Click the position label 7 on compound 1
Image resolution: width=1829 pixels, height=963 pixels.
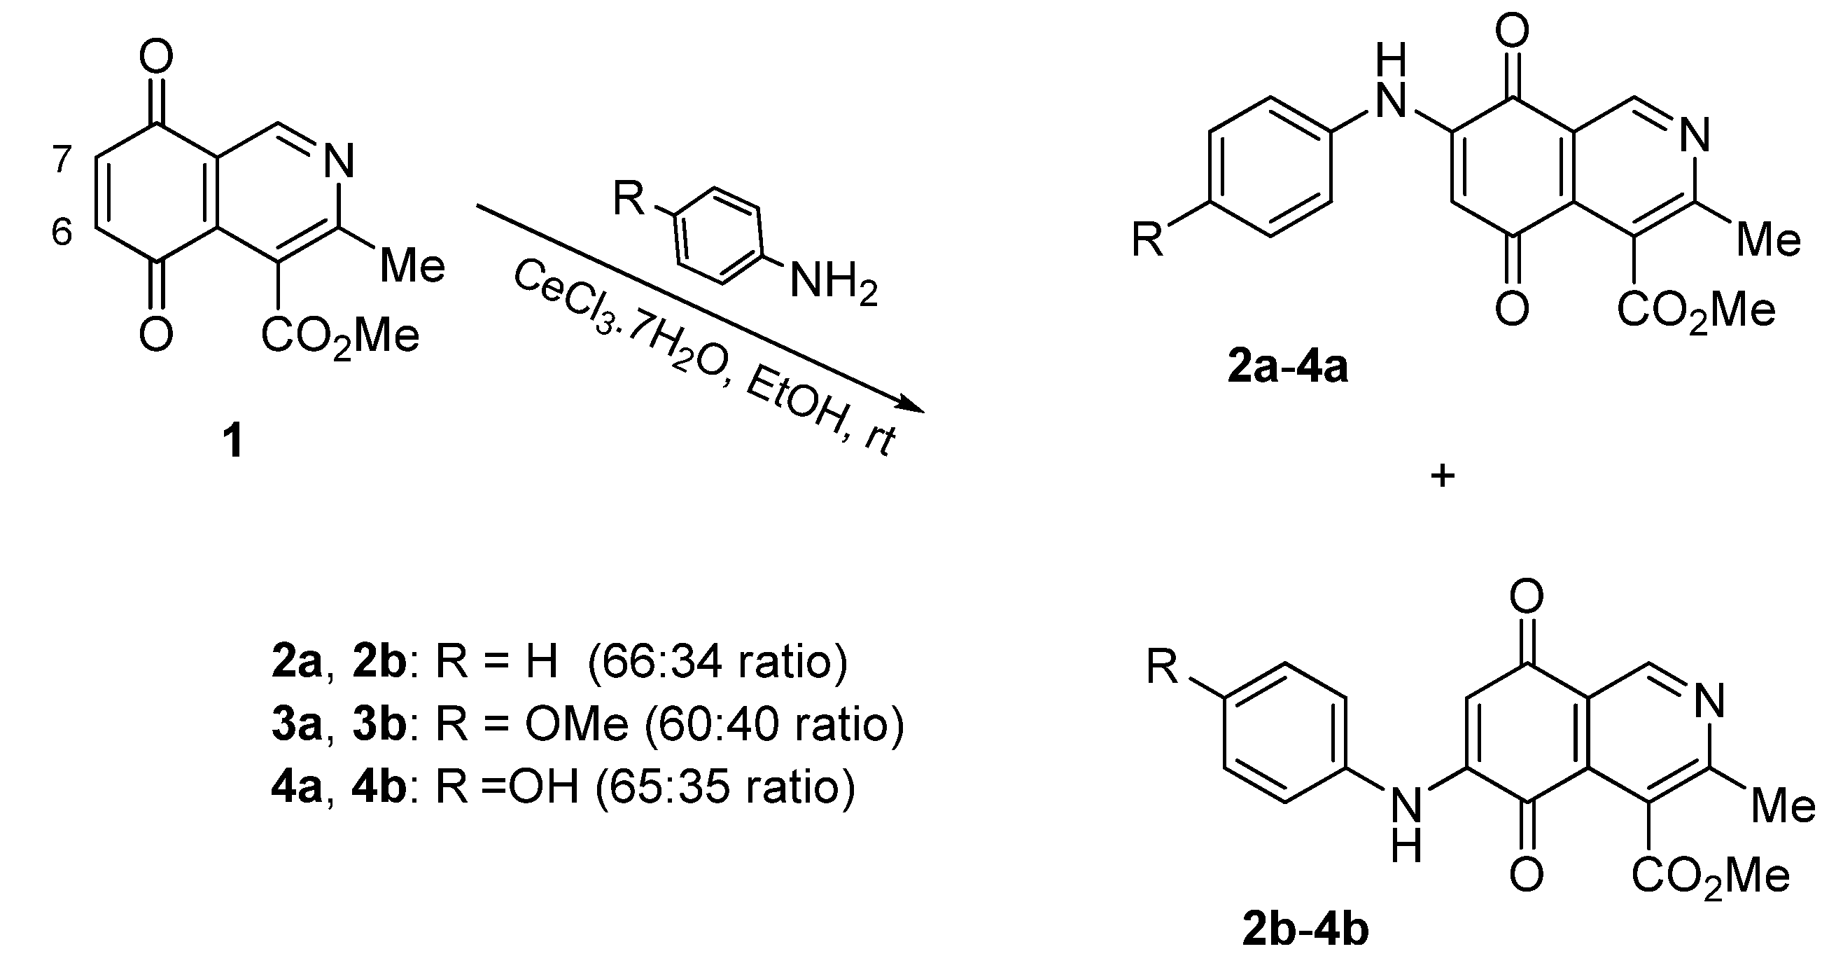point(62,160)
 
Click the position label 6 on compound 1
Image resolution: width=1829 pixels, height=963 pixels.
point(62,233)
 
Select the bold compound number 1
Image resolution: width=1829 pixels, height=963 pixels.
point(233,441)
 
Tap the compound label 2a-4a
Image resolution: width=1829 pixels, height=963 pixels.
point(1287,368)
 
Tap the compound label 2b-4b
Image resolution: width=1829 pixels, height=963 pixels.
point(1305,931)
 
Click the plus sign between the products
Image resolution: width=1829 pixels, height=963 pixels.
point(1442,476)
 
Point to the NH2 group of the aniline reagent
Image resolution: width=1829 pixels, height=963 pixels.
point(833,283)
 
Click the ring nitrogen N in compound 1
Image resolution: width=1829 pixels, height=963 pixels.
point(339,161)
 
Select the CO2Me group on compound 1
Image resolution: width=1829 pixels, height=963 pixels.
point(340,336)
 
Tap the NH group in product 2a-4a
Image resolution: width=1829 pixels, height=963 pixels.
point(1390,85)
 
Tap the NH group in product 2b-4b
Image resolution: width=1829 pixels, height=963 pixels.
point(1406,828)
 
